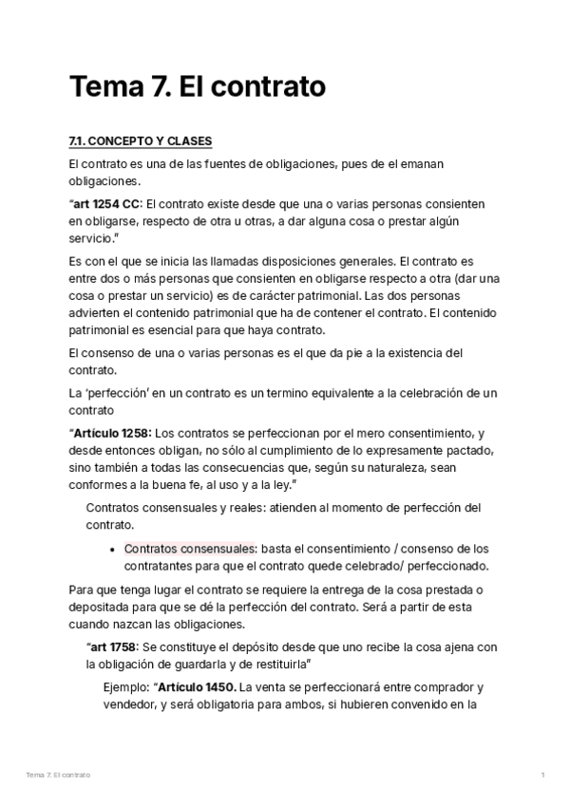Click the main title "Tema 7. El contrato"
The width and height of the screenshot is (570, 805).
tap(198, 87)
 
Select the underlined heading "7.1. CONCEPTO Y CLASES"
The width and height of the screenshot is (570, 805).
tap(141, 141)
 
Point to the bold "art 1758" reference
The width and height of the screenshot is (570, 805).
tap(116, 647)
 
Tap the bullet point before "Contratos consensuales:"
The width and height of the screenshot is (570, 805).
tap(114, 549)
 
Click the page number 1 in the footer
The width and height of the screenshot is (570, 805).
tap(542, 775)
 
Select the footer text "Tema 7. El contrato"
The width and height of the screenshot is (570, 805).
tap(59, 775)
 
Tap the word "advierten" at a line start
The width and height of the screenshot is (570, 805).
tap(96, 313)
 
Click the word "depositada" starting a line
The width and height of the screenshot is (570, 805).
tap(101, 608)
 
